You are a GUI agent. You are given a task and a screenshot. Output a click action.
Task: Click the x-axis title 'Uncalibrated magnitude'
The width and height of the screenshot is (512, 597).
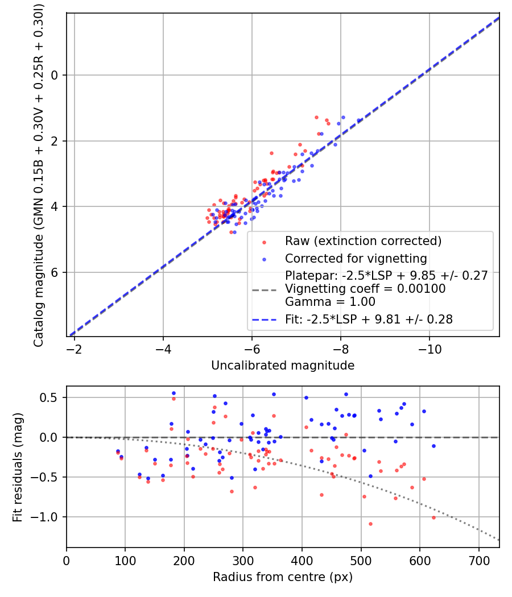click(283, 366)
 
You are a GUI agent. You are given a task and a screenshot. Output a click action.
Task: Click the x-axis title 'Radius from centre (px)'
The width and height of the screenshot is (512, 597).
click(283, 577)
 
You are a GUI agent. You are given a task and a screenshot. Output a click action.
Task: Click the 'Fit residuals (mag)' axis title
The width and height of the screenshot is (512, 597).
click(18, 467)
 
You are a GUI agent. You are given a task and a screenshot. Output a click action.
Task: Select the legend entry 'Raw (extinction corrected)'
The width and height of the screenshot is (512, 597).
click(363, 241)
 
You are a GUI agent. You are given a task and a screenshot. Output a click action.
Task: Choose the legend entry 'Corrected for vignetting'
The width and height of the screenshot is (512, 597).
click(356, 259)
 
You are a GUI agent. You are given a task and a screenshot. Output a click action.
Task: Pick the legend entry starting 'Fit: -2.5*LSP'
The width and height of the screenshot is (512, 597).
click(369, 320)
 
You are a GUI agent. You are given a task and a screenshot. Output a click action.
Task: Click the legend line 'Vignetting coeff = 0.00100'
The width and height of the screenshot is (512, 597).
click(365, 289)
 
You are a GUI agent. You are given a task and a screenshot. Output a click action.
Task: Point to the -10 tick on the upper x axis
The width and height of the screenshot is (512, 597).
click(430, 348)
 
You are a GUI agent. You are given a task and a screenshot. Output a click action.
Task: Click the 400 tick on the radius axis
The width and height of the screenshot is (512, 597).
click(302, 559)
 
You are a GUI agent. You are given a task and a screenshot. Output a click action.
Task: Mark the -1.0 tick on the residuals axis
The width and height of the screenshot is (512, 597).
click(48, 517)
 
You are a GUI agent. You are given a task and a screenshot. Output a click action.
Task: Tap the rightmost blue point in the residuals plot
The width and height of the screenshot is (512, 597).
click(433, 446)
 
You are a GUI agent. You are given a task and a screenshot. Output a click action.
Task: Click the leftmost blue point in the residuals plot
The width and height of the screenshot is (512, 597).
click(118, 451)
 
